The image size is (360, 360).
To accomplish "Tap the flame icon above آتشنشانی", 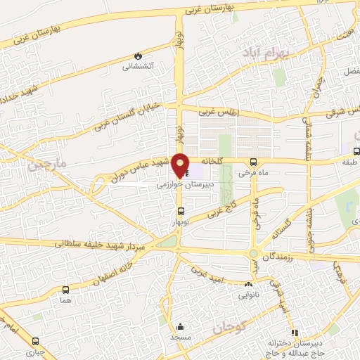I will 138,55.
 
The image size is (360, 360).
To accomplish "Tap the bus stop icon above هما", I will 66,289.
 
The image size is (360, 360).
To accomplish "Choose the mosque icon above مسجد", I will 180,326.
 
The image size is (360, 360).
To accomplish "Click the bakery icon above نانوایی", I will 248,285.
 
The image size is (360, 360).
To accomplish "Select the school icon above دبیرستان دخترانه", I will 294,333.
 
